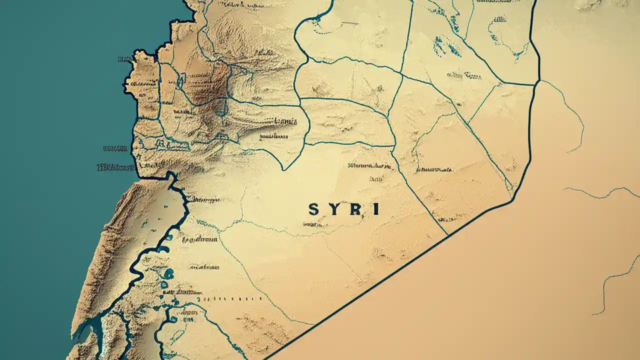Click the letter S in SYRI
(313, 209)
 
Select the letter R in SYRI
(354, 209)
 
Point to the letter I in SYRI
(375, 209)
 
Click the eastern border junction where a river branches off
(539, 80)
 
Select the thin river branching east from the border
(570, 110)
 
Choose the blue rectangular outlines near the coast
(167, 145)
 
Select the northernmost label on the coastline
(123, 59)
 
